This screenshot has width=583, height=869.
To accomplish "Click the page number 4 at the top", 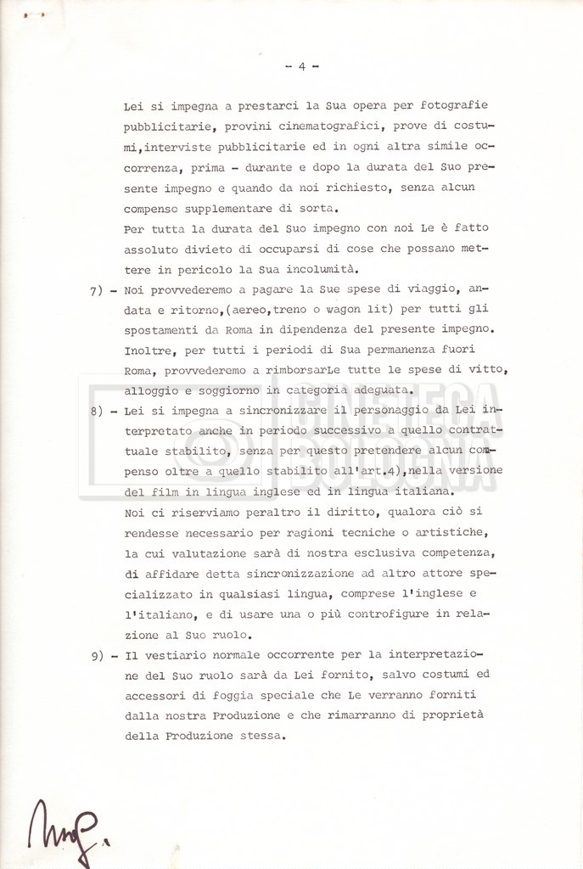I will tap(300, 67).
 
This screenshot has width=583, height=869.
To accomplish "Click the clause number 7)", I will tap(96, 289).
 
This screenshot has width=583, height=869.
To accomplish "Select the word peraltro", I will tap(258, 513).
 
